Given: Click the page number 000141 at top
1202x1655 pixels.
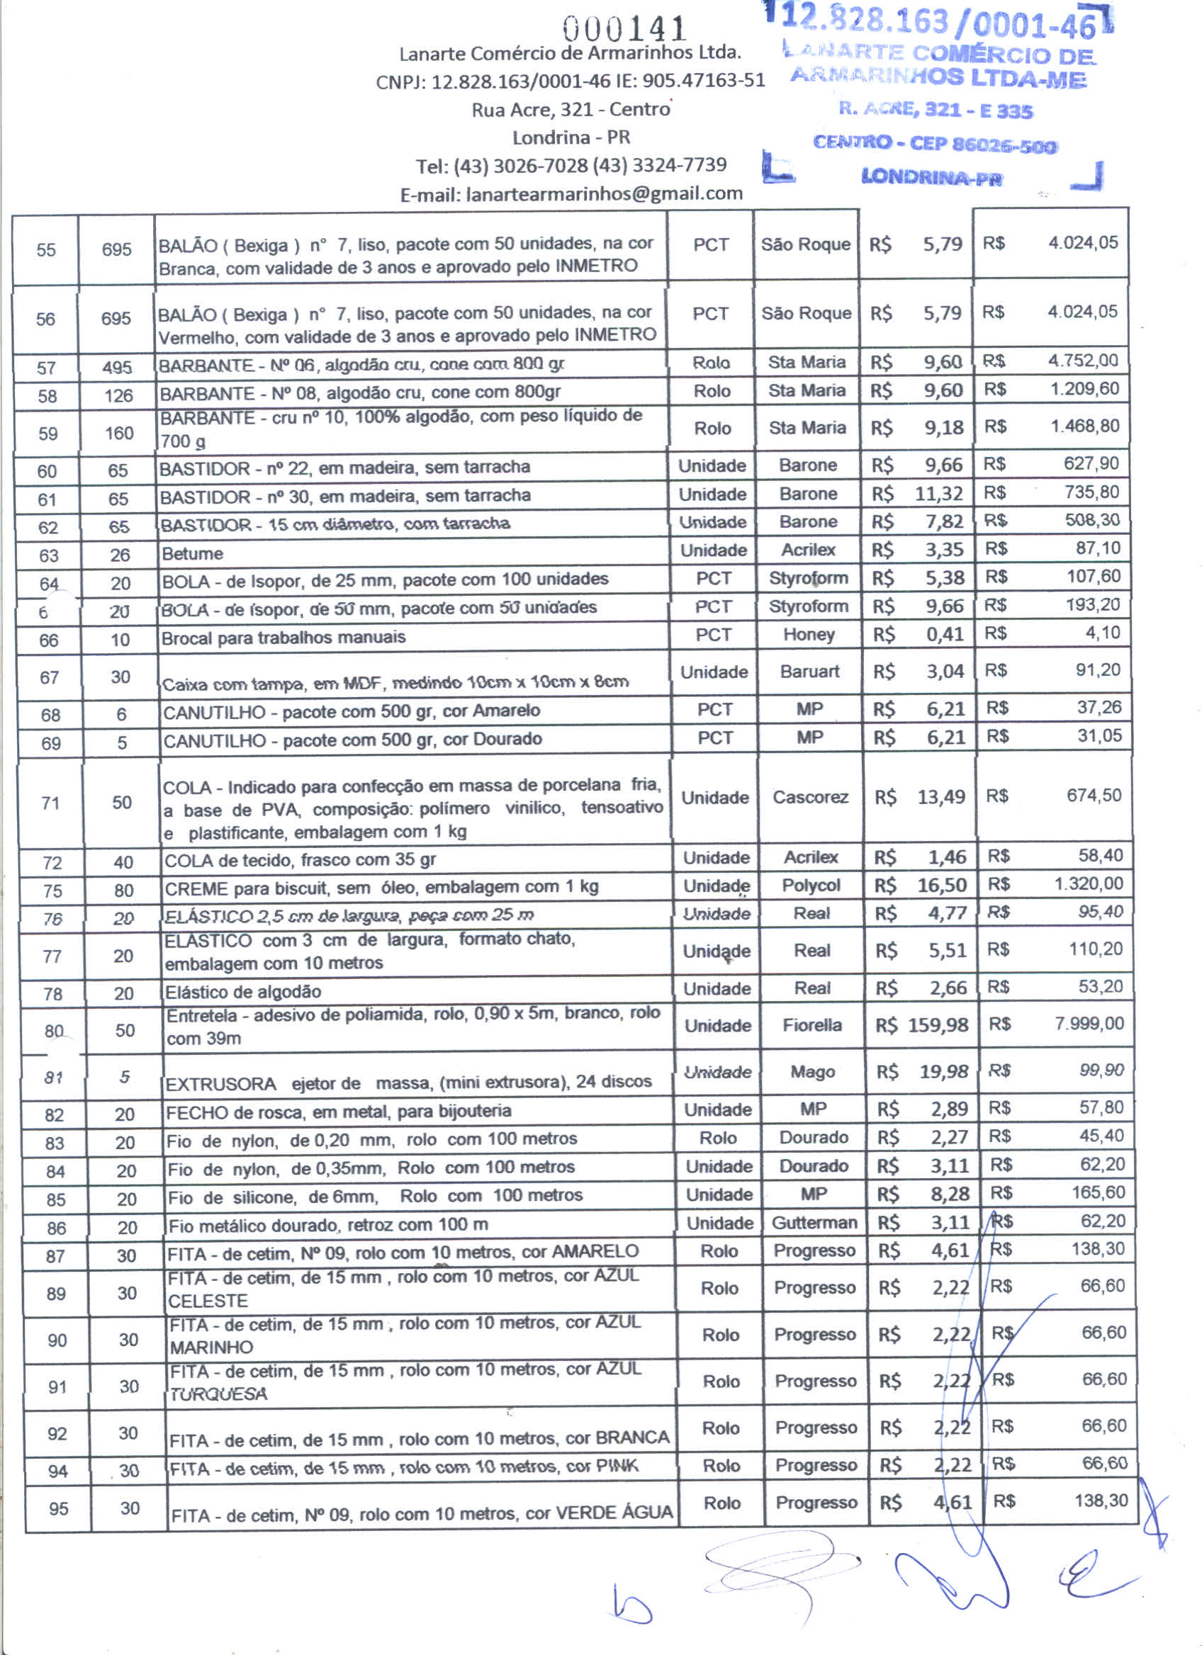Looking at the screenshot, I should [x=624, y=29].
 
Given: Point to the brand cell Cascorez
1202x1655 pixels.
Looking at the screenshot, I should [x=810, y=797].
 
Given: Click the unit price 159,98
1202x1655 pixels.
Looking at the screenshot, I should [x=938, y=1025].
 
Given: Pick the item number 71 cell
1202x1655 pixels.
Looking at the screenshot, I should [x=50, y=803].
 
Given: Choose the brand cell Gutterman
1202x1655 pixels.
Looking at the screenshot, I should [x=814, y=1223].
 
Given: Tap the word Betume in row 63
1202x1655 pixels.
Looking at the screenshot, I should [x=193, y=554].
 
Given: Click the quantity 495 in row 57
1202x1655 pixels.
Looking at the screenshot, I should [x=117, y=368].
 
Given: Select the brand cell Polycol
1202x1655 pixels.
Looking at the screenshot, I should [x=811, y=886].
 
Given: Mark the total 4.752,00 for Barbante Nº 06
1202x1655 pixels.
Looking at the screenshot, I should [x=1083, y=361].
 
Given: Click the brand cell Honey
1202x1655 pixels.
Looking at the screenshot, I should [x=809, y=635].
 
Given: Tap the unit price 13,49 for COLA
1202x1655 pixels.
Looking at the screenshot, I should [x=940, y=797].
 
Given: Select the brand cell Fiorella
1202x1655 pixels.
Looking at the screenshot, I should [x=811, y=1026].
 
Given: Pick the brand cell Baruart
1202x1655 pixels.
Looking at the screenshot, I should [x=809, y=672].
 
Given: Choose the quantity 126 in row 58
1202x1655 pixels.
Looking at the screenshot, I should [x=118, y=396].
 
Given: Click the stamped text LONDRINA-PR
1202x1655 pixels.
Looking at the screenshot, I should [x=932, y=177].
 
